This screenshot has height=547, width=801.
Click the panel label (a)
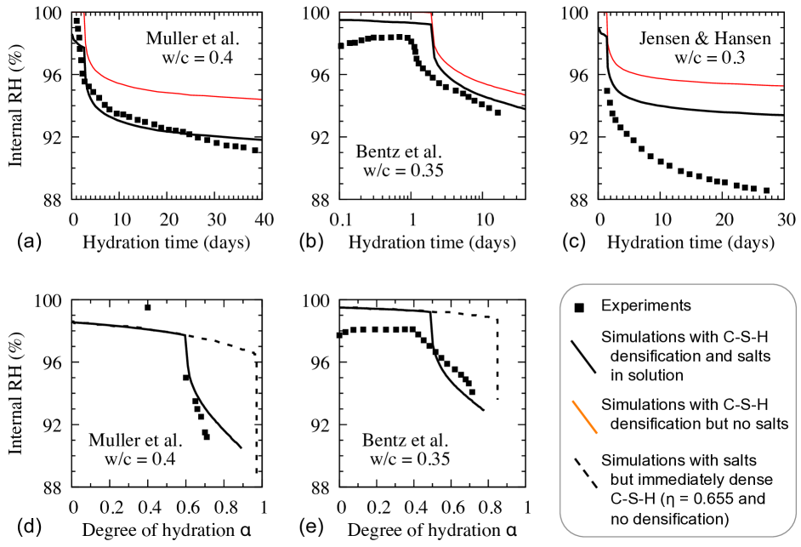(x=26, y=242)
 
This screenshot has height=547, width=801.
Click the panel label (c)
(x=562, y=242)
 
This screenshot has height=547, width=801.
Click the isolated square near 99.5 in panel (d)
(x=147, y=307)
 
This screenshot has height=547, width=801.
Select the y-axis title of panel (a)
(x=15, y=105)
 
